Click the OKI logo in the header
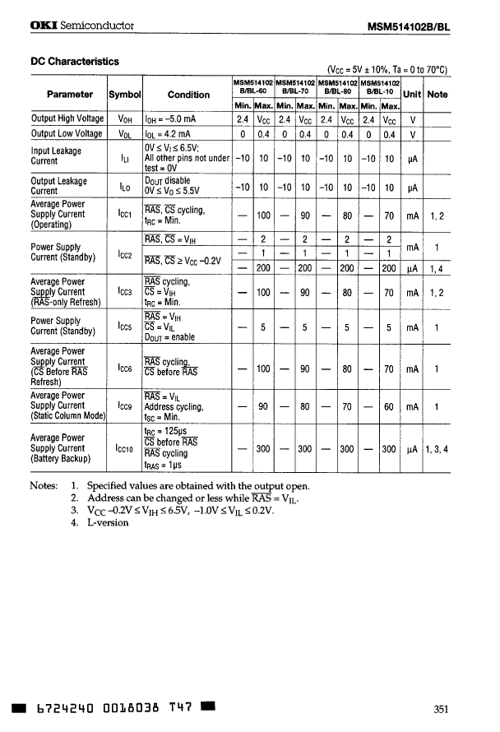point(44,25)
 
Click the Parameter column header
point(70,95)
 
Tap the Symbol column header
point(125,95)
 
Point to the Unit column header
point(412,95)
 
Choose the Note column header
point(437,95)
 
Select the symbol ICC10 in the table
point(126,449)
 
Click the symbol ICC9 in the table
point(124,406)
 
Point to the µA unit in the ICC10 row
point(412,449)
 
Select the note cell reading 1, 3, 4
point(437,449)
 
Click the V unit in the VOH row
point(412,118)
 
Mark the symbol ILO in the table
point(124,186)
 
